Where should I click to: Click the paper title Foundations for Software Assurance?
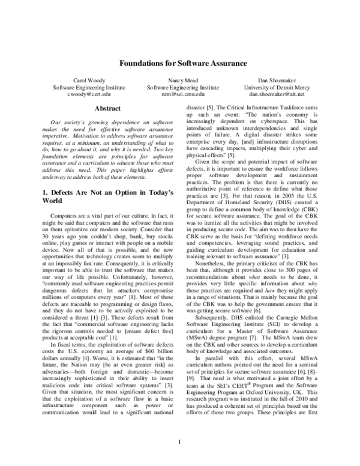click(x=180, y=62)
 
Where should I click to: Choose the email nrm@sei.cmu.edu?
click(x=179, y=94)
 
